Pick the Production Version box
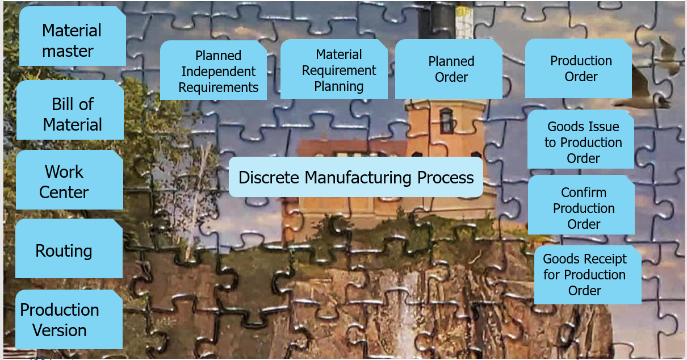pyautogui.click(x=69, y=319)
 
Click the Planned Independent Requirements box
pyautogui.click(x=213, y=70)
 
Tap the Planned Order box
pyautogui.click(x=449, y=69)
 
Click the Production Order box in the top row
pyautogui.click(x=578, y=68)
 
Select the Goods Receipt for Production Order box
pyautogui.click(x=588, y=275)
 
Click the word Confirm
pyautogui.click(x=584, y=192)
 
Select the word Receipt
pyautogui.click(x=603, y=259)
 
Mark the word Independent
pyautogui.click(x=219, y=72)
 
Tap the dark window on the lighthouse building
pyautogui.click(x=447, y=120)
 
